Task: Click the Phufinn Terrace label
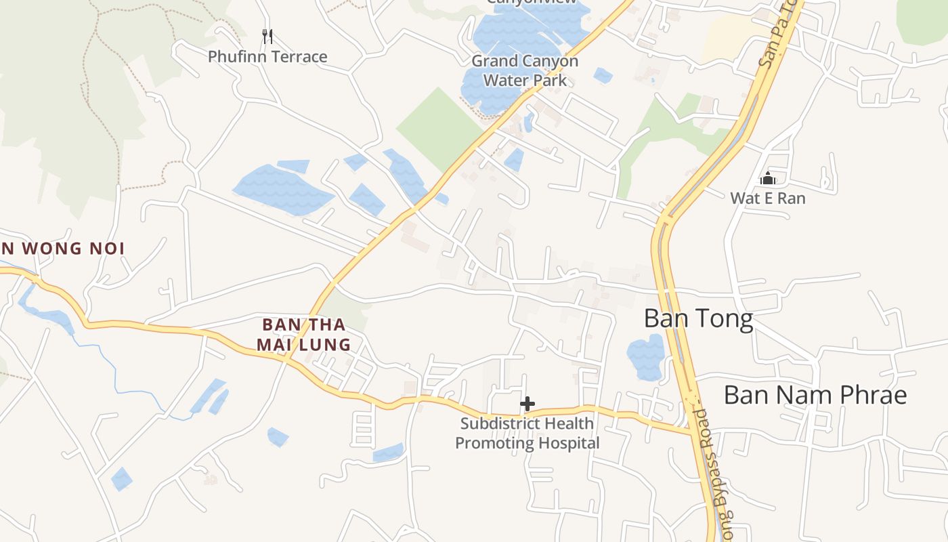tap(267, 57)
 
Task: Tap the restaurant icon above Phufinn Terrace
tap(267, 35)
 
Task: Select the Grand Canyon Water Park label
tap(525, 70)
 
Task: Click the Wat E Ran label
tap(768, 199)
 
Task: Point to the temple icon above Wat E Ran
tap(768, 179)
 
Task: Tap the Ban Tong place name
tap(698, 318)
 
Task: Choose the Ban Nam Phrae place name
tap(815, 395)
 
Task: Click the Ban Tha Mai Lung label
tap(303, 335)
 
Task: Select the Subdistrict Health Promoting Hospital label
tap(527, 434)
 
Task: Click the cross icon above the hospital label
tap(527, 404)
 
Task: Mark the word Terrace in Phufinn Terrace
tap(298, 57)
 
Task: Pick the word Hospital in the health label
tap(566, 444)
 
